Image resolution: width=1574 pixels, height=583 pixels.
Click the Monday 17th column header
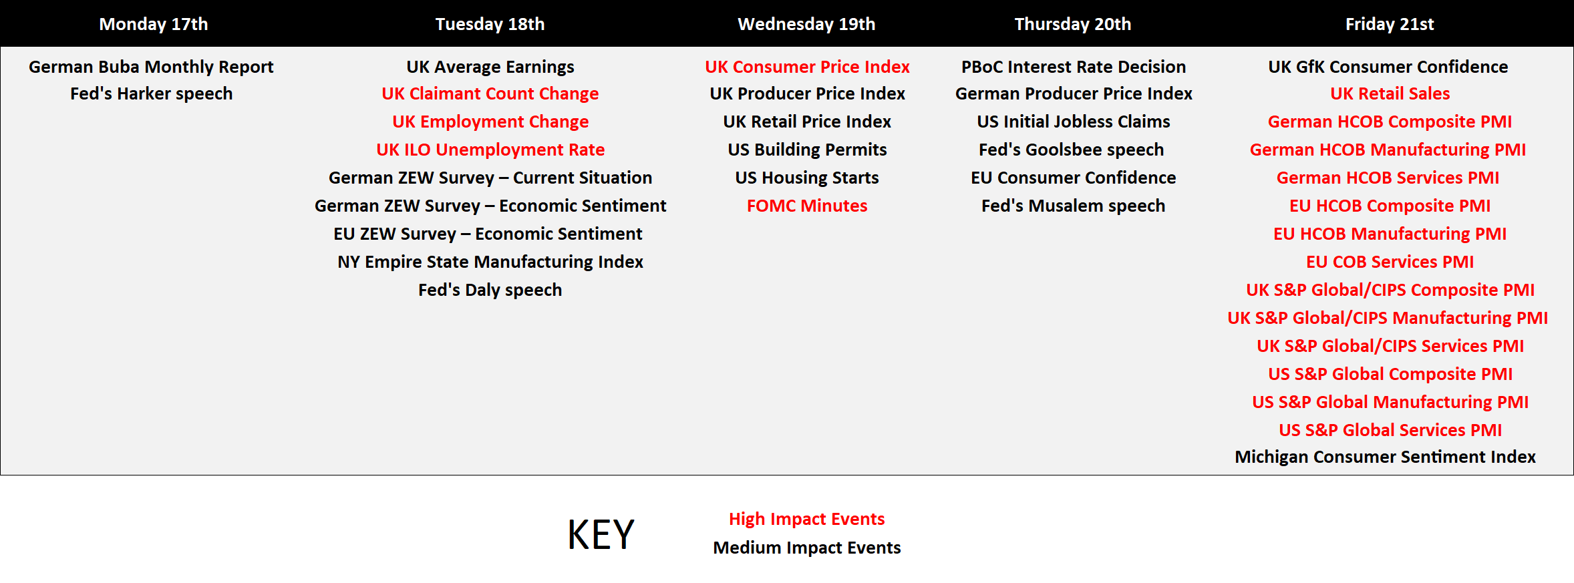coord(154,24)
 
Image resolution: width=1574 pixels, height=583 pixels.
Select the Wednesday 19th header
coord(806,24)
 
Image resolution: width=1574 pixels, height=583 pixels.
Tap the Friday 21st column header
coord(1390,24)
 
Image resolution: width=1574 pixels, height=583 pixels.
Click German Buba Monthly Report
coord(151,67)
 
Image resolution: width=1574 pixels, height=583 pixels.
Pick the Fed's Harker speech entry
coord(152,93)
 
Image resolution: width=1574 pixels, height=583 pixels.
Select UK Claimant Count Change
coord(490,93)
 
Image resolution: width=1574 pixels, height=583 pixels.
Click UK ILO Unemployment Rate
coord(490,150)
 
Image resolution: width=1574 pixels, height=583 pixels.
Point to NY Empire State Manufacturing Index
coord(490,262)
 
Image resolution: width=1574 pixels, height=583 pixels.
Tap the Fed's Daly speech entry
coord(490,290)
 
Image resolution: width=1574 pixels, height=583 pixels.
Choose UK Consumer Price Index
coord(807,67)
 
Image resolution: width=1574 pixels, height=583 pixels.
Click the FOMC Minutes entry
coord(807,206)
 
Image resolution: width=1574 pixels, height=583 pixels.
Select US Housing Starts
coord(807,178)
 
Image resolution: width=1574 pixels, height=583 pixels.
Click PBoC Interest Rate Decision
coord(1074,67)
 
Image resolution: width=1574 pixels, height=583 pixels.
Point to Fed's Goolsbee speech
coord(1072,150)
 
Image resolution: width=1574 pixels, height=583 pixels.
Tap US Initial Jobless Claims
coord(1074,122)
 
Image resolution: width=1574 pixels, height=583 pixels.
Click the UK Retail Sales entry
coord(1390,93)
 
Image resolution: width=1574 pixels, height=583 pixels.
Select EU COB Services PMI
coord(1390,262)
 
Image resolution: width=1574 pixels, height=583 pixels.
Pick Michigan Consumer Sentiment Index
coord(1385,457)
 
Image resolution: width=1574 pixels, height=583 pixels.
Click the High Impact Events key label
coord(806,519)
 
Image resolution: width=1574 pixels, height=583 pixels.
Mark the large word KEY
coord(601,535)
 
